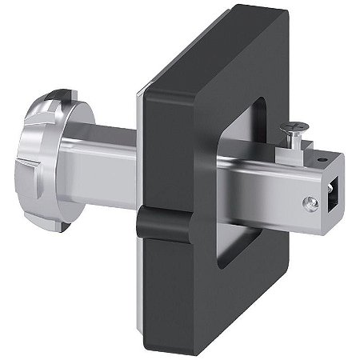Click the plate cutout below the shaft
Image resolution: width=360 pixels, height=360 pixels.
click(232, 232)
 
